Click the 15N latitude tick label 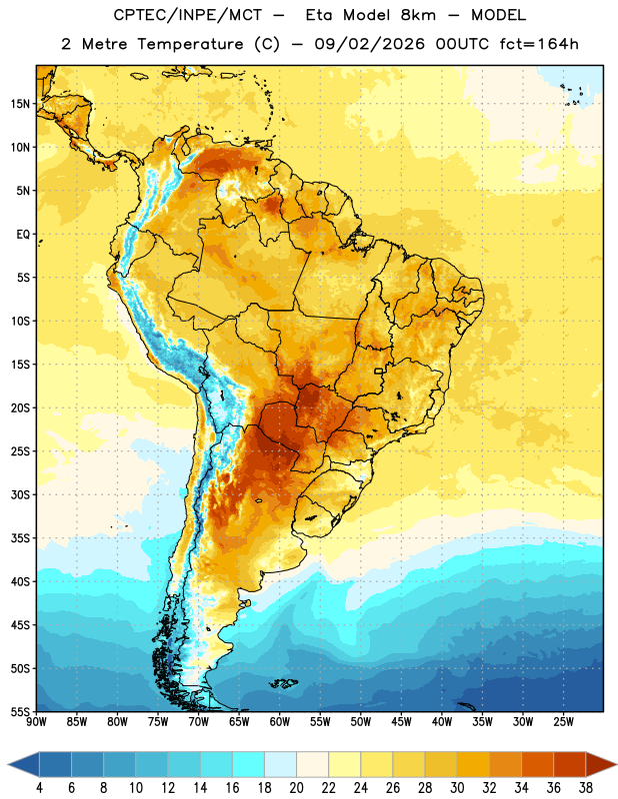(20, 104)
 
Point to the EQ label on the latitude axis (23, 235)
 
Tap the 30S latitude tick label (20, 494)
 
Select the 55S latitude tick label (20, 711)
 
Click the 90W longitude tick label (36, 722)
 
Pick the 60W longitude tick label (280, 722)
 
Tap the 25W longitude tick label (563, 722)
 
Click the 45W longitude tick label (401, 722)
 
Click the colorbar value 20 (296, 788)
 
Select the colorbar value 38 (586, 788)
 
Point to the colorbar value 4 (39, 788)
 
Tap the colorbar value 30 (457, 788)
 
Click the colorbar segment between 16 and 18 (249, 764)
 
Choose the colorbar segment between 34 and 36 (537, 764)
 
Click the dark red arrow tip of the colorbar (614, 764)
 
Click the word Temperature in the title (190, 44)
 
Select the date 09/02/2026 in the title (369, 44)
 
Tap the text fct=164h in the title (539, 44)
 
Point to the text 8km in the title (418, 15)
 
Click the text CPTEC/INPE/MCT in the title (188, 15)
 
